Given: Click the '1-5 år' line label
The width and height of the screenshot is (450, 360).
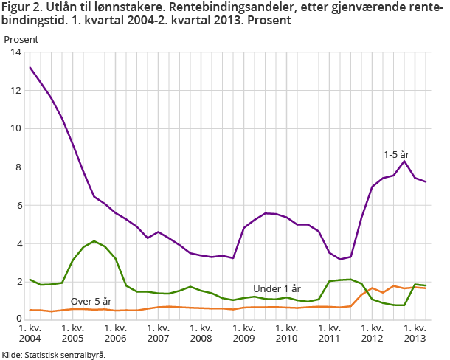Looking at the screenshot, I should tap(395, 154).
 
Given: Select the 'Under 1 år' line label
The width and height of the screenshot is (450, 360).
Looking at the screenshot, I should tap(277, 288).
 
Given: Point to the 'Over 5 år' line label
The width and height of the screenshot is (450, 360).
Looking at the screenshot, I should tap(91, 301).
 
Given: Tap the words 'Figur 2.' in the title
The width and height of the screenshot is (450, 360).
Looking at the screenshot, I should tap(21, 8).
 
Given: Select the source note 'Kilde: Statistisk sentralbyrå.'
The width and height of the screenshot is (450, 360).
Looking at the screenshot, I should tap(53, 354).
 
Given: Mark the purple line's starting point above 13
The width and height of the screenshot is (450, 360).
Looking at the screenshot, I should tap(30, 67).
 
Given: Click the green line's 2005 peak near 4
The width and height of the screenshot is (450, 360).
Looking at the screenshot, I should tap(94, 241).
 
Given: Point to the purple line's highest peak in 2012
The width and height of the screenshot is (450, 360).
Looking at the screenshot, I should tap(404, 161).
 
